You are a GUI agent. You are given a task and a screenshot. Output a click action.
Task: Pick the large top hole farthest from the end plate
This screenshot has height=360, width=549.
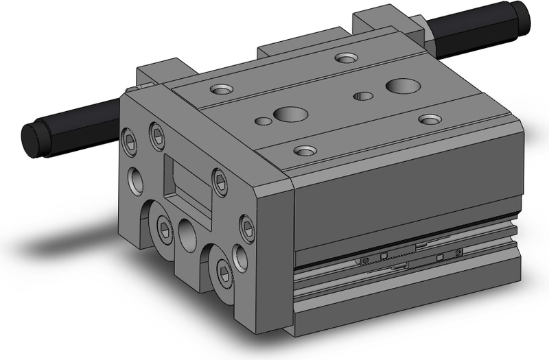[x=403, y=86]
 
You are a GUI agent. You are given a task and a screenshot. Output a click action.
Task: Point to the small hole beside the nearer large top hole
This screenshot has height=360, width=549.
[x=263, y=121]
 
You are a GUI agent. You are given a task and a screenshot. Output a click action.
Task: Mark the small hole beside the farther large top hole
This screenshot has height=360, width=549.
[x=363, y=95]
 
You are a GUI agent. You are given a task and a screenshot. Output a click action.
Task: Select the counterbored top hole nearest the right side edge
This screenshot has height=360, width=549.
[x=430, y=119]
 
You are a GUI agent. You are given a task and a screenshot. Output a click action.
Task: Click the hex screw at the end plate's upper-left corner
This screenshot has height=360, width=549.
[x=128, y=137]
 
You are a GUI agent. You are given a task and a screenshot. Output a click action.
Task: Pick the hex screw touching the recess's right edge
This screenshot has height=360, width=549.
[x=219, y=182]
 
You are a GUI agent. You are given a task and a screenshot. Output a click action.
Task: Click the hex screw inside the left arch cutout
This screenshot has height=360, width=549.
[x=165, y=228]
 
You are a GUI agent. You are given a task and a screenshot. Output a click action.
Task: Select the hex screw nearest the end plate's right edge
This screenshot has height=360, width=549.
[x=246, y=228]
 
